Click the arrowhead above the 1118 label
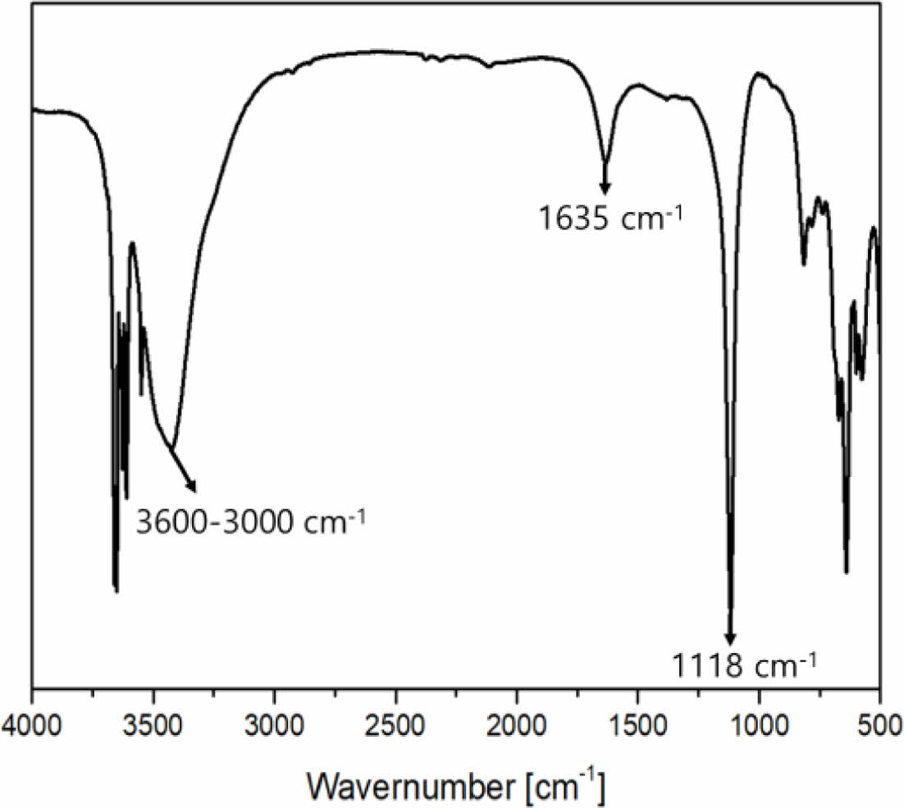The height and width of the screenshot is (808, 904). tap(730, 639)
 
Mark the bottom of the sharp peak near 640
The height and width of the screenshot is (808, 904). tap(846, 572)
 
